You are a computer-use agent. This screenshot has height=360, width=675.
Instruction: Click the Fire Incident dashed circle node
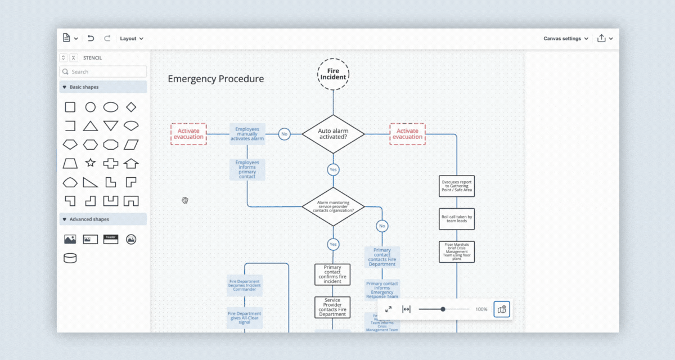[333, 74]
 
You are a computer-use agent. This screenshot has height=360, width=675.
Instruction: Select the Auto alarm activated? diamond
[333, 134]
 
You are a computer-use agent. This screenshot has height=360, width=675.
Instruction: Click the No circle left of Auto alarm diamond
[284, 134]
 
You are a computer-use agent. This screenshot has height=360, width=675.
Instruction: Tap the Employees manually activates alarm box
[247, 134]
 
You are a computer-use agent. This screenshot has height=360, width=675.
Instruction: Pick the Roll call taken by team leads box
[457, 219]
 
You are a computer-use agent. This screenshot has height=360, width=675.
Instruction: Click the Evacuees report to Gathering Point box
[457, 186]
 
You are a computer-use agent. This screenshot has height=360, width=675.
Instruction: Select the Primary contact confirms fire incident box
[332, 274]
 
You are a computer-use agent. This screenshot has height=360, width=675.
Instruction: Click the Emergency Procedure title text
[215, 79]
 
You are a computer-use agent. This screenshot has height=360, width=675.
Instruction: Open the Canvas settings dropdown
[566, 38]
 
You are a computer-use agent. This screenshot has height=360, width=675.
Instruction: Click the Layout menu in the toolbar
[132, 38]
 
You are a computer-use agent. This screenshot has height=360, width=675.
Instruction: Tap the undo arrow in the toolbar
[91, 38]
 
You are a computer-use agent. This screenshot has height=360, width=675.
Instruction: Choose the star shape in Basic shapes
[90, 163]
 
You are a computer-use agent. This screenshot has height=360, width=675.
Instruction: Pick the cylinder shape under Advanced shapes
[70, 258]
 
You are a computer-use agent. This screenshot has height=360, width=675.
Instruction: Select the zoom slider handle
[443, 309]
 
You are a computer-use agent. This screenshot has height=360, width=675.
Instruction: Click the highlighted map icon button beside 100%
[502, 309]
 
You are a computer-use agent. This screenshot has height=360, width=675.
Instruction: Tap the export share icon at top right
[602, 38]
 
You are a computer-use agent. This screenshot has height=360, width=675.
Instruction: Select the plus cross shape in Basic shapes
[111, 163]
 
